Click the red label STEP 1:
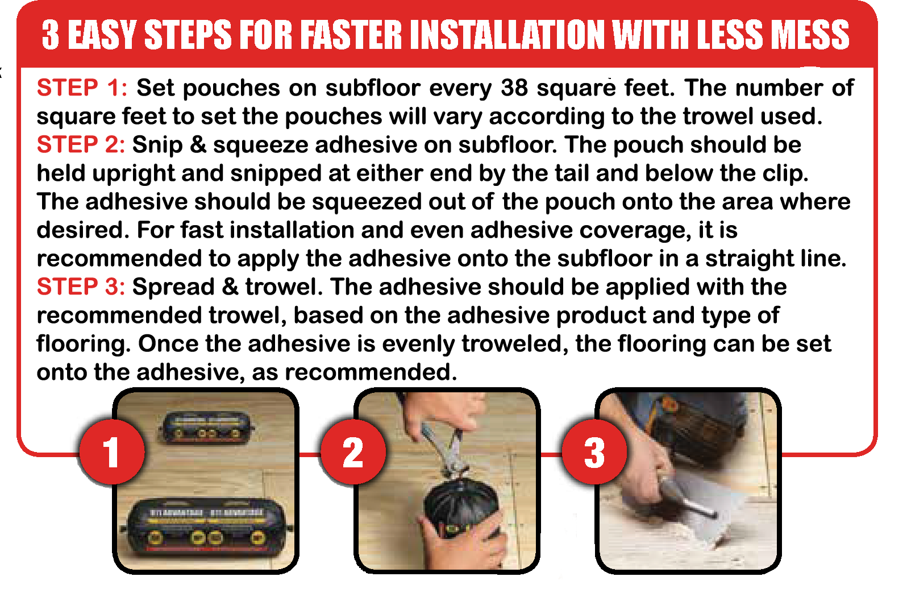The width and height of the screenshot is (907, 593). (x=82, y=88)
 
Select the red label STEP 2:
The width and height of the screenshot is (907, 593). (x=81, y=145)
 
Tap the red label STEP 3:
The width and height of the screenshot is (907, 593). (x=81, y=287)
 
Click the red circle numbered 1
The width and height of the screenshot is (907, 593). (x=111, y=453)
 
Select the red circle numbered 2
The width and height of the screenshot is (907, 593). (x=353, y=453)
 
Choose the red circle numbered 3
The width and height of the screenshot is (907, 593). (x=594, y=453)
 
